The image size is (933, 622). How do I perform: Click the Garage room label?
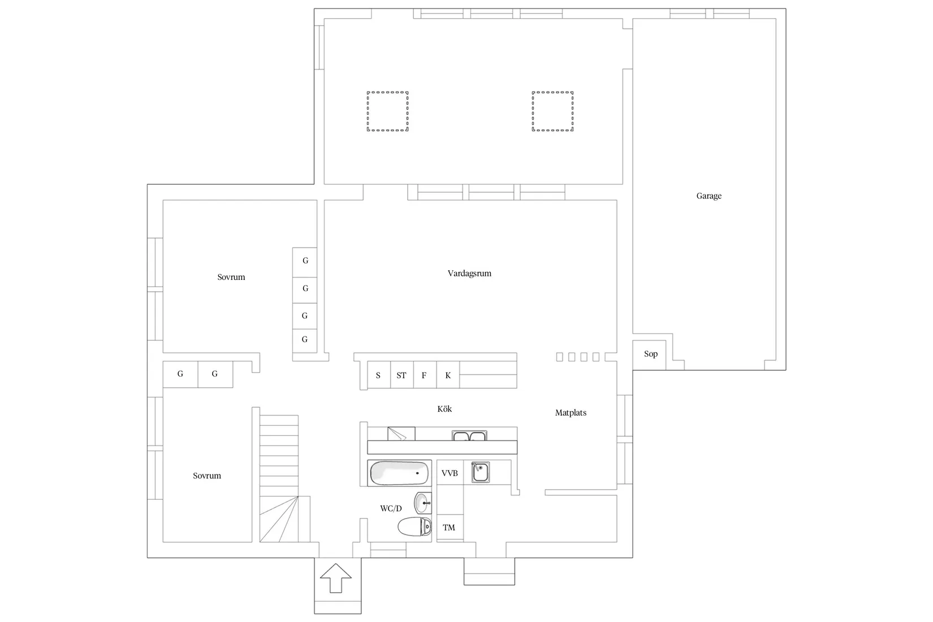(709, 196)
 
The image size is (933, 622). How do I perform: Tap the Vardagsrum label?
(469, 273)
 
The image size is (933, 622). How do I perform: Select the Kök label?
(444, 409)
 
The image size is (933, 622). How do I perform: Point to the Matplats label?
(571, 412)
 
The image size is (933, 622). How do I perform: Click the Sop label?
(651, 354)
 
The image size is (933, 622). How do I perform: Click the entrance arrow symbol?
(336, 578)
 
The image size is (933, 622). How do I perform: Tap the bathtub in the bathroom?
(399, 473)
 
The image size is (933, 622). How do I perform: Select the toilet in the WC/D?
(415, 526)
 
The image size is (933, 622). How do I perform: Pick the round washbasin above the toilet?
(423, 503)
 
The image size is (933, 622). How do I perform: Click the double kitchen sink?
(469, 436)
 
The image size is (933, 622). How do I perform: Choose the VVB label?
(450, 473)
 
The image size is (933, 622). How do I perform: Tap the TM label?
(448, 528)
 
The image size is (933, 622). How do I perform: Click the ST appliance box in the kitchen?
(402, 374)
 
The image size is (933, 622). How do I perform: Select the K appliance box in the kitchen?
(448, 374)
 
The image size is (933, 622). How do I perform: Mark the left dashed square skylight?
(387, 111)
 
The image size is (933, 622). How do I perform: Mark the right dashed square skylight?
(552, 111)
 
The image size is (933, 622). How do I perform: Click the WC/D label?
(391, 508)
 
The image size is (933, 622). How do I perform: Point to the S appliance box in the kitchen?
(379, 374)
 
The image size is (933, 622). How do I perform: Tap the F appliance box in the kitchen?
(425, 374)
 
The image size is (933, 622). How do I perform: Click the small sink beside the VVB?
(480, 472)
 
